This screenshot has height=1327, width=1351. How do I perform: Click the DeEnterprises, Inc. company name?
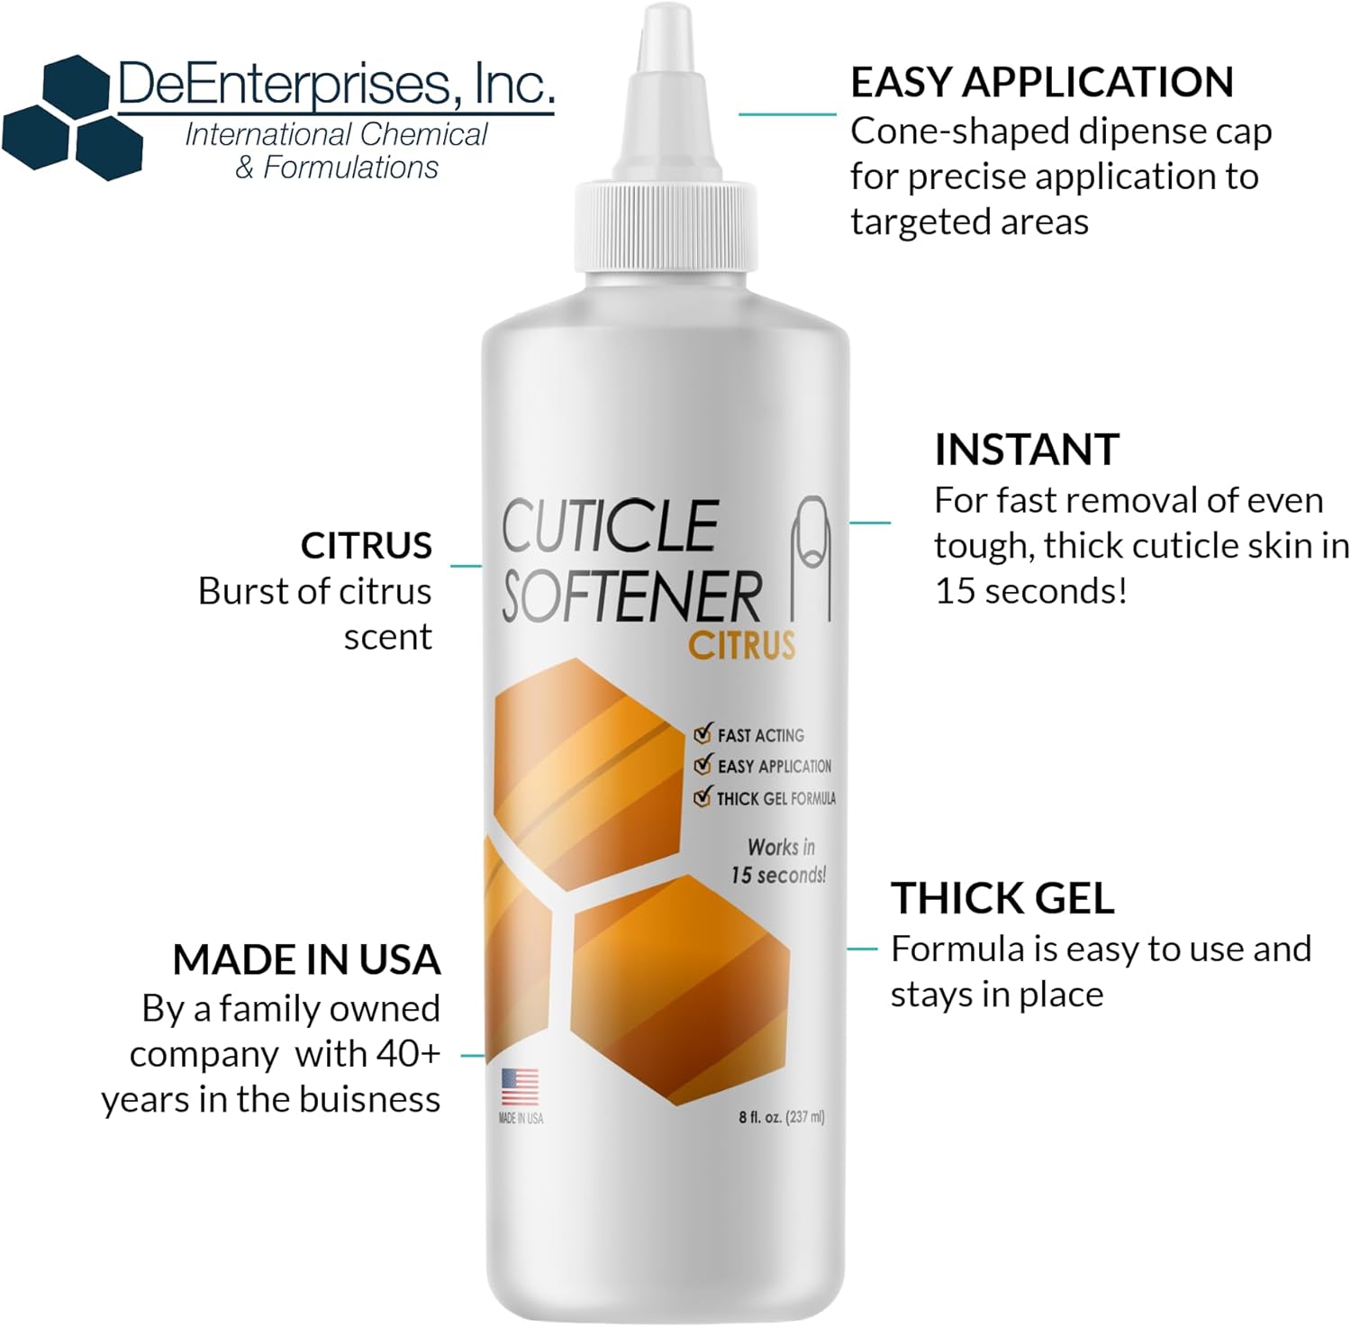[x=336, y=84]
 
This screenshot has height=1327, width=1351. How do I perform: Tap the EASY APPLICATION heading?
[x=1042, y=82]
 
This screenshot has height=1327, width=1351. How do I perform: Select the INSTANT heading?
[x=1027, y=450]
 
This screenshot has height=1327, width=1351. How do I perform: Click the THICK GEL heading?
[x=1002, y=898]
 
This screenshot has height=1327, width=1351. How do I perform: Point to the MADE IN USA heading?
[x=306, y=959]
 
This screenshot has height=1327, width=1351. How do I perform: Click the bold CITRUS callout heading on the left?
[x=366, y=546]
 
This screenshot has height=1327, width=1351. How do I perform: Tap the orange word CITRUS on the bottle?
[x=742, y=645]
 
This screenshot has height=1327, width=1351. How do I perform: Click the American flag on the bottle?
[x=520, y=1086]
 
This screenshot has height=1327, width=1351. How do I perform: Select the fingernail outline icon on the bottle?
[x=811, y=558]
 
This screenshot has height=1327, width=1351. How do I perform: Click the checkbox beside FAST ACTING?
[x=703, y=733]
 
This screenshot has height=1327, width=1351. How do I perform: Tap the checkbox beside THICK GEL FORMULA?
[x=703, y=796]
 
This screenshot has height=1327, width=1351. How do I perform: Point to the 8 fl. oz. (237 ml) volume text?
[x=782, y=1117]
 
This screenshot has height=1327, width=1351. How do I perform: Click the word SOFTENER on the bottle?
[x=631, y=596]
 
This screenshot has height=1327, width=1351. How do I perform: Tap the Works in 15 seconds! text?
[x=779, y=861]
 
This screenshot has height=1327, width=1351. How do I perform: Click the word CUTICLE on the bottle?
[x=610, y=526]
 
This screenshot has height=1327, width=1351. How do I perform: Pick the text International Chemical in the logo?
[x=336, y=135]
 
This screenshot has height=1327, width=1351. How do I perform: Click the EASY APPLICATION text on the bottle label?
[x=775, y=766]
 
